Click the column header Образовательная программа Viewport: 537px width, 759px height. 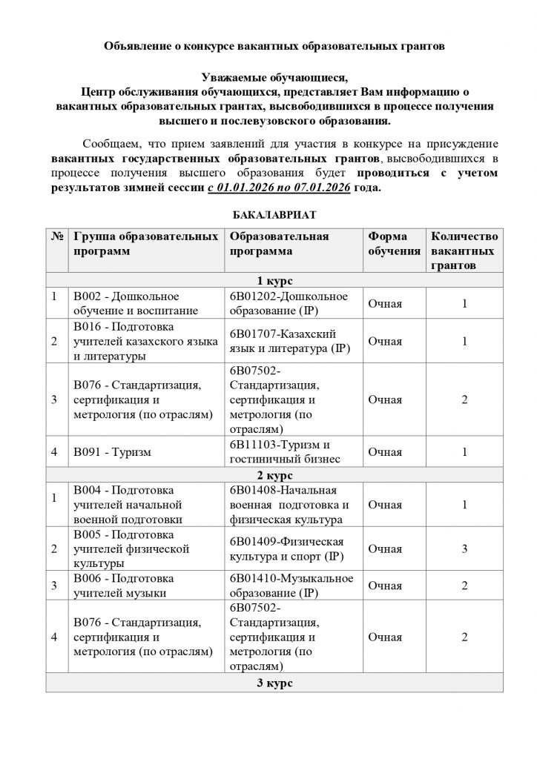click(x=279, y=244)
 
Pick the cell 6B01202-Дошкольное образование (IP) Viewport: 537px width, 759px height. click(x=289, y=303)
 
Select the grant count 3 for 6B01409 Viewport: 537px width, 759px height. click(x=464, y=549)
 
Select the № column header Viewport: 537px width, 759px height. click(x=56, y=236)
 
